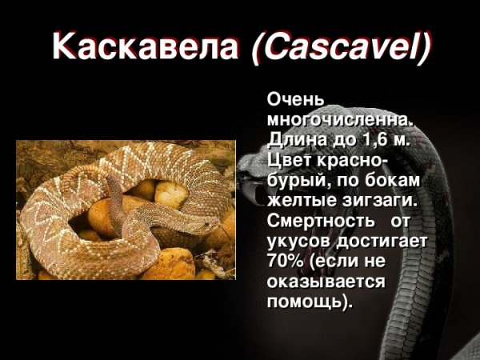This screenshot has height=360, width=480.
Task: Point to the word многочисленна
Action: point(341,119)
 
